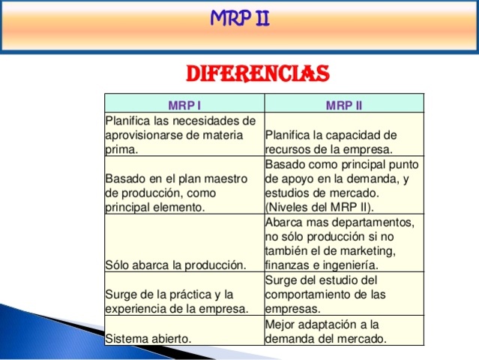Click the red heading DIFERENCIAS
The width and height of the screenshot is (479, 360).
257,73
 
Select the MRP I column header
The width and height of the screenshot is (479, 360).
184,104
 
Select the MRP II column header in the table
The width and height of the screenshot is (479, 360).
344,104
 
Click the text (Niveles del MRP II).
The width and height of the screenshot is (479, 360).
319,206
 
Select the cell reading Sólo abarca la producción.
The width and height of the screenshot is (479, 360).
176,265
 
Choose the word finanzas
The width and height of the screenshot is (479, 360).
288,265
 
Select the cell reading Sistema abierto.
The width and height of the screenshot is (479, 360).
148,337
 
